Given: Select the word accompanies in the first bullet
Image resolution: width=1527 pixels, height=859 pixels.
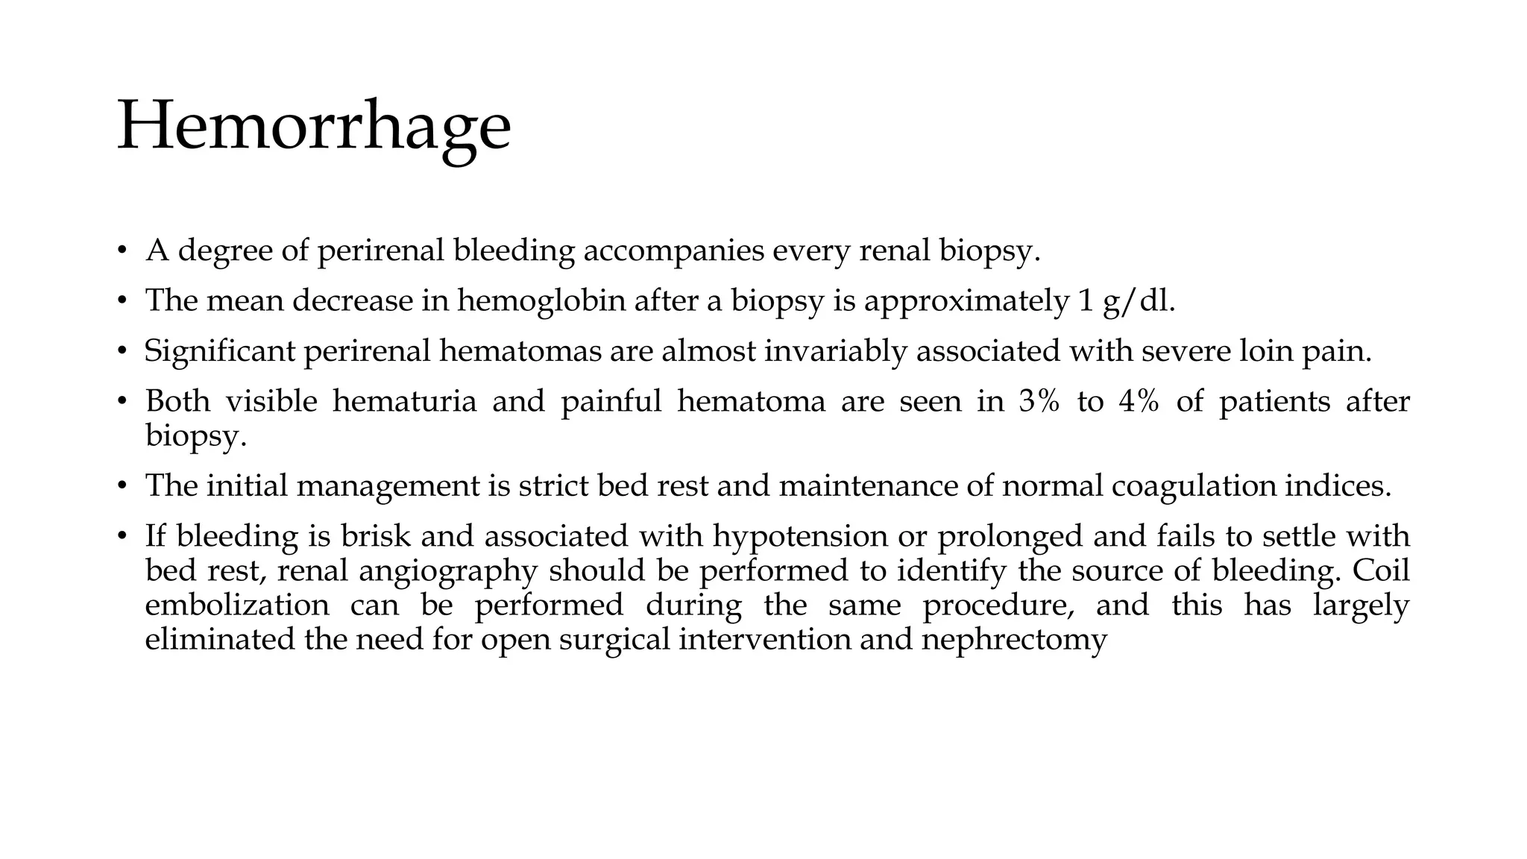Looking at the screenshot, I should pyautogui.click(x=673, y=251).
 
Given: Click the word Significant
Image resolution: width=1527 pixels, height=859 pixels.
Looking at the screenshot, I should pyautogui.click(x=219, y=350).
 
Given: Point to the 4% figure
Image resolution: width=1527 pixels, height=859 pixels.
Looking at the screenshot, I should pyautogui.click(x=1139, y=401).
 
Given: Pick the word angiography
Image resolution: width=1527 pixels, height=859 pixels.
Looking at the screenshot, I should pyautogui.click(x=447, y=571).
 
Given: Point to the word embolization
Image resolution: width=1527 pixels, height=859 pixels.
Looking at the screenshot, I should pyautogui.click(x=236, y=605).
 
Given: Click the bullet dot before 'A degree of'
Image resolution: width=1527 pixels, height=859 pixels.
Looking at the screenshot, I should pyautogui.click(x=122, y=251).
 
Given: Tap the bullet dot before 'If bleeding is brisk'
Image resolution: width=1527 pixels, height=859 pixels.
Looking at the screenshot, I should pyautogui.click(x=122, y=537).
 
